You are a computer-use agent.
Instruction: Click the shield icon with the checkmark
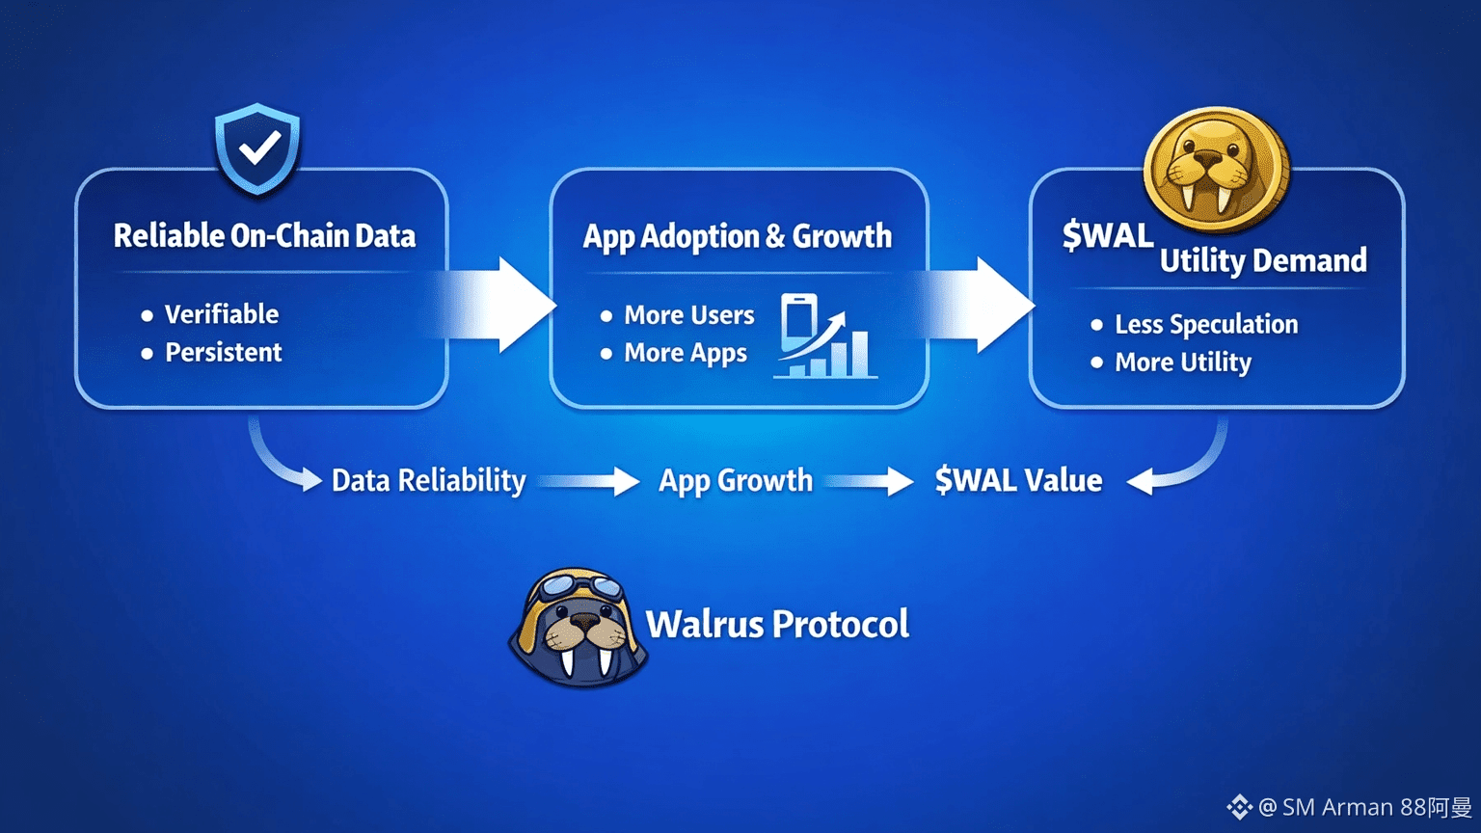point(257,149)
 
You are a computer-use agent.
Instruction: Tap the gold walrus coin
point(1216,170)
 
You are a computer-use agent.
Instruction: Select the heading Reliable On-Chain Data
point(264,236)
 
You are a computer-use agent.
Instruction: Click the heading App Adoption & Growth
point(738,236)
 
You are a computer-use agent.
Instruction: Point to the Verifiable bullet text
point(221,314)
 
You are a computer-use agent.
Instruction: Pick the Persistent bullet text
point(223,353)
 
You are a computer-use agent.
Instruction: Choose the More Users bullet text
point(688,315)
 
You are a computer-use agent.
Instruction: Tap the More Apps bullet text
point(685,354)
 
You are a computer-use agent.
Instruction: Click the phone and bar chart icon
point(824,336)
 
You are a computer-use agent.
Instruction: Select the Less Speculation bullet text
point(1205,325)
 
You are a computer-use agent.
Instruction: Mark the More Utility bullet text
point(1183,363)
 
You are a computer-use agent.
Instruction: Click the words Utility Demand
point(1263,260)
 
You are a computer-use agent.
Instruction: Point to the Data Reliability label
point(428,480)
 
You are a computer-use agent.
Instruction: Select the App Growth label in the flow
point(736,480)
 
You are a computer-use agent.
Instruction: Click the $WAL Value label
point(1018,480)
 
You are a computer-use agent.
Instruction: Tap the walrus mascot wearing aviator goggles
point(578,628)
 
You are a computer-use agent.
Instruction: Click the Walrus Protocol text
point(777,625)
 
